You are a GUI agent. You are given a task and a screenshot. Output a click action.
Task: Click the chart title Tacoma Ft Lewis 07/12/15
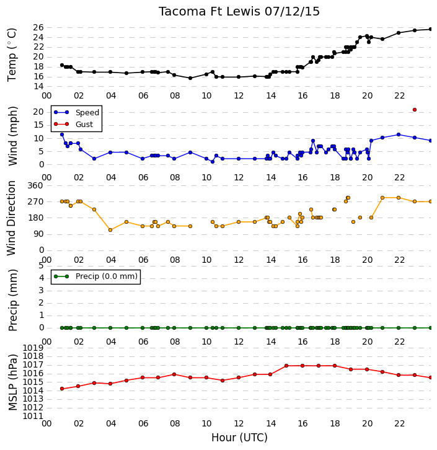[239, 12]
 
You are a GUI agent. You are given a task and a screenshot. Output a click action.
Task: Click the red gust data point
[414, 110]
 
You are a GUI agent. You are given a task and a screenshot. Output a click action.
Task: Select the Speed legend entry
[76, 113]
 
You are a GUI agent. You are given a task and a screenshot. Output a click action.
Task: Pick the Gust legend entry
[74, 124]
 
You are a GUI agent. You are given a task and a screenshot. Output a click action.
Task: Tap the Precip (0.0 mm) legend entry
[96, 276]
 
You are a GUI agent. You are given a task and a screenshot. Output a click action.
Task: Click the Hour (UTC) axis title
[239, 438]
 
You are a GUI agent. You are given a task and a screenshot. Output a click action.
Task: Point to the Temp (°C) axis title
[12, 55]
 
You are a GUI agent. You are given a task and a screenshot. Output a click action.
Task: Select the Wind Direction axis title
[12, 218]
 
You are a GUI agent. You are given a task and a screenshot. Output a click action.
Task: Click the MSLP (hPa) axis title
[12, 382]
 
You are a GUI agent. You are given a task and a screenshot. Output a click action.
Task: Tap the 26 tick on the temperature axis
[38, 27]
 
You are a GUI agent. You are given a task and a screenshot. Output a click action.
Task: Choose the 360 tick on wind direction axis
[35, 185]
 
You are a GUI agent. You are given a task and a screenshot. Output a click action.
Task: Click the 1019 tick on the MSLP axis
[33, 348]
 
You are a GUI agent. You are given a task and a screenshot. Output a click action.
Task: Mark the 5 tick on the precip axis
[41, 265]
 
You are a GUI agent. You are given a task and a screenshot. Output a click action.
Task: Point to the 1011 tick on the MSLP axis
[33, 416]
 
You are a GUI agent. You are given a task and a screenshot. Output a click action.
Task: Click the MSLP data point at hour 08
[174, 374]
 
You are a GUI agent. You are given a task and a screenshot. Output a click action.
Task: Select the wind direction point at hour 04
[110, 230]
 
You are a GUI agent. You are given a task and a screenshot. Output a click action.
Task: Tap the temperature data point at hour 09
[190, 78]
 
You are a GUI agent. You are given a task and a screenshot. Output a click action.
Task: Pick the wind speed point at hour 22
[399, 135]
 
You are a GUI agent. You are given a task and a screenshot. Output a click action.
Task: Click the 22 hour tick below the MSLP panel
[399, 423]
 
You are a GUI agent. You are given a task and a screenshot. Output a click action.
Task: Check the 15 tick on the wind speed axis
[38, 125]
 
